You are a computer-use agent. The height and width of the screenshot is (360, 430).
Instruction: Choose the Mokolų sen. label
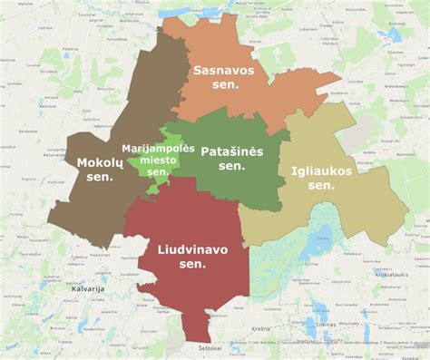pos(100,170)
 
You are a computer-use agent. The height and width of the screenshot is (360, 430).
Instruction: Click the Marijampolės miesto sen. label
pos(158,160)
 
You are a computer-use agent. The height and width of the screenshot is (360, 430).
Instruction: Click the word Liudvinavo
pos(193,248)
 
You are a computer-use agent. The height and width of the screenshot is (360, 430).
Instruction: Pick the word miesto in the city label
pos(158,160)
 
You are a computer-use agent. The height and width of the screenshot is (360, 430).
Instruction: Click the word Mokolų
pos(100,162)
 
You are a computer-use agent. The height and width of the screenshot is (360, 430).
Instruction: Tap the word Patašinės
pos(232,151)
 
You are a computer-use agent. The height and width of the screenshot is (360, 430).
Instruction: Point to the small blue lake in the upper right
pos(395,36)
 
